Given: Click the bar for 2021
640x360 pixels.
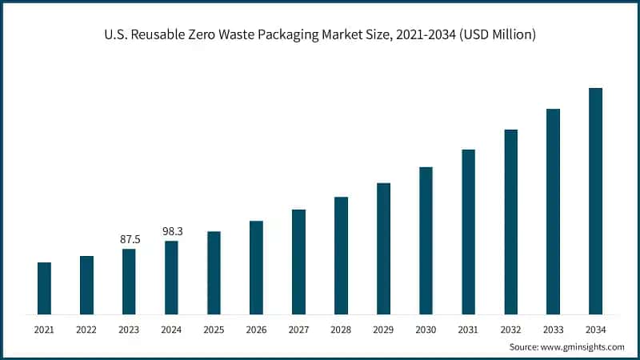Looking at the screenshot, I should tap(44, 288).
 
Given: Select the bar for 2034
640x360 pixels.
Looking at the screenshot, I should tap(595, 201).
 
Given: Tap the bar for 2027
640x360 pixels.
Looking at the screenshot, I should tap(298, 262).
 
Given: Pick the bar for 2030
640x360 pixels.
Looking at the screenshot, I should tap(426, 240).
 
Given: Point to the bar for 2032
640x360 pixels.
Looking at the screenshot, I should tap(510, 222).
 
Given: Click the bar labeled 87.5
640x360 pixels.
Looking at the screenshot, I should tap(129, 281).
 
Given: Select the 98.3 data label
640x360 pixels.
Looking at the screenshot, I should tap(172, 231).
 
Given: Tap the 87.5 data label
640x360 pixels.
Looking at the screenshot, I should tap(130, 239).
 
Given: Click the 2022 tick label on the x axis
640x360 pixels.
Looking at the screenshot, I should tap(86, 330).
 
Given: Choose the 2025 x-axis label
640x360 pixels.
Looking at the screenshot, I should tap(214, 330).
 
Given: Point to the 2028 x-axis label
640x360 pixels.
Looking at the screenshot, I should tap(341, 330).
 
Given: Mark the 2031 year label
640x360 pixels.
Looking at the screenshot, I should tap(468, 330).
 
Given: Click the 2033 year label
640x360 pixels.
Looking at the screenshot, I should tap(553, 330).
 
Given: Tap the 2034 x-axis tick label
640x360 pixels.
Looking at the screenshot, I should tap(595, 330).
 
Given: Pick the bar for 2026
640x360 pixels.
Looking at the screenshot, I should tap(256, 267).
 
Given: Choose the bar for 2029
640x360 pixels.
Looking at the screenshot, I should tap(383, 248).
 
